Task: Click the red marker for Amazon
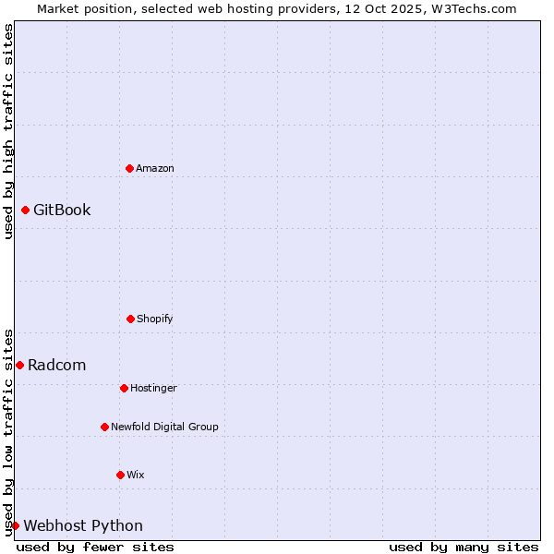click(129, 168)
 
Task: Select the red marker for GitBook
click(25, 210)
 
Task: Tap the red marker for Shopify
click(130, 319)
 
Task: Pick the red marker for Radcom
click(19, 365)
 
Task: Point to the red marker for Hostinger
click(124, 388)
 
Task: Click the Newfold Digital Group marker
click(104, 427)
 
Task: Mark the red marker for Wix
click(120, 475)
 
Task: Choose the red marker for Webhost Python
click(15, 525)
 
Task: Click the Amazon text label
click(155, 168)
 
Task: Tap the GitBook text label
click(62, 210)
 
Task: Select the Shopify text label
click(155, 319)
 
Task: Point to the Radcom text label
click(56, 365)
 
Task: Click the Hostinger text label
click(153, 388)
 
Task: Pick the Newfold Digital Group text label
click(164, 427)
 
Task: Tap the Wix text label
click(136, 475)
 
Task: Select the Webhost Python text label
click(83, 525)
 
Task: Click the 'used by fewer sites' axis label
click(95, 547)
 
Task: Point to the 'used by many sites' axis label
click(464, 547)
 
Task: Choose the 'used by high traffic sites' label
click(8, 131)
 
